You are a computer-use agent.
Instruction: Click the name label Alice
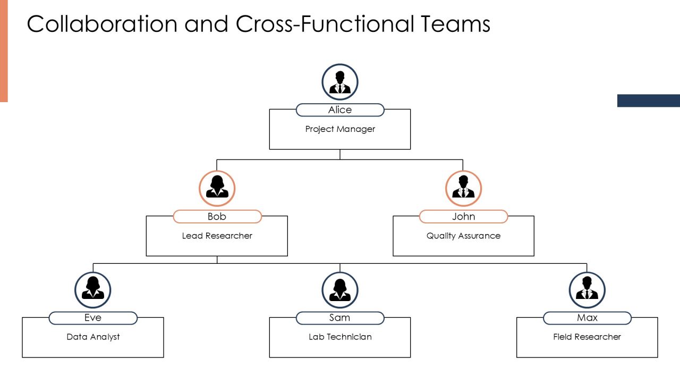[x=340, y=110]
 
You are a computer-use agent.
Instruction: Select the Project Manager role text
[x=340, y=129]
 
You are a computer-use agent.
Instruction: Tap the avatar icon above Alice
[x=340, y=82]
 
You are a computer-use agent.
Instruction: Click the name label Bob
[x=217, y=217]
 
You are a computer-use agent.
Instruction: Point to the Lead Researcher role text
[x=217, y=236]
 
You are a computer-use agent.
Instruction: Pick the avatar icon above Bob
[x=217, y=188]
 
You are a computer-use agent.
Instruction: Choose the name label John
[x=464, y=217]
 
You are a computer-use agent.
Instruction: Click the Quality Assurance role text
[x=464, y=236]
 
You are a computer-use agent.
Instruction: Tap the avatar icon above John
[x=464, y=188]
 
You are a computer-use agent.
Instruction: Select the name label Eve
[x=93, y=318]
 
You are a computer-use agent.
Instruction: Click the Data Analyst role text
[x=93, y=337]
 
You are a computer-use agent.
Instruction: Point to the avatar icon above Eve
[x=93, y=290]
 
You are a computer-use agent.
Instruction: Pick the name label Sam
[x=340, y=318]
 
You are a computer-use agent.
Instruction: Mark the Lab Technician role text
[x=340, y=337]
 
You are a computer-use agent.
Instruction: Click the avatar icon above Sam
[x=340, y=290]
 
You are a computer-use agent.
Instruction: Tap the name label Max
[x=587, y=318]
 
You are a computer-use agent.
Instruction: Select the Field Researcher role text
[x=587, y=337]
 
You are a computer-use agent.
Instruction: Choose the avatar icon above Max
[x=587, y=290]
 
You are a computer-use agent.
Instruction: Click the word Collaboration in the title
[x=102, y=24]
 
